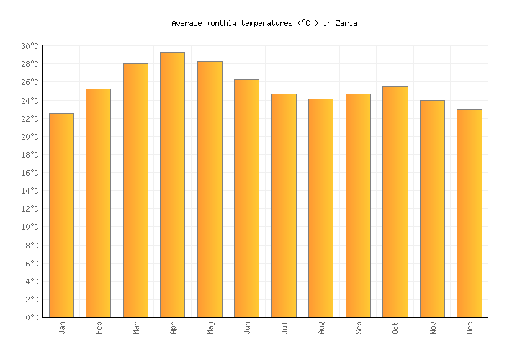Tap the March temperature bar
135,190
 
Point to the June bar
246,198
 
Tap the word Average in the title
187,24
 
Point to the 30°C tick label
30,46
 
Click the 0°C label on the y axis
32,318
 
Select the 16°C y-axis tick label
30,173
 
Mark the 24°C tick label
30,101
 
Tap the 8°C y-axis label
32,246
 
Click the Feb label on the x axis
99,328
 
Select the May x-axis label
210,328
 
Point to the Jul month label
284,328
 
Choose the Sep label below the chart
359,328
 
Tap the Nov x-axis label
433,328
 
